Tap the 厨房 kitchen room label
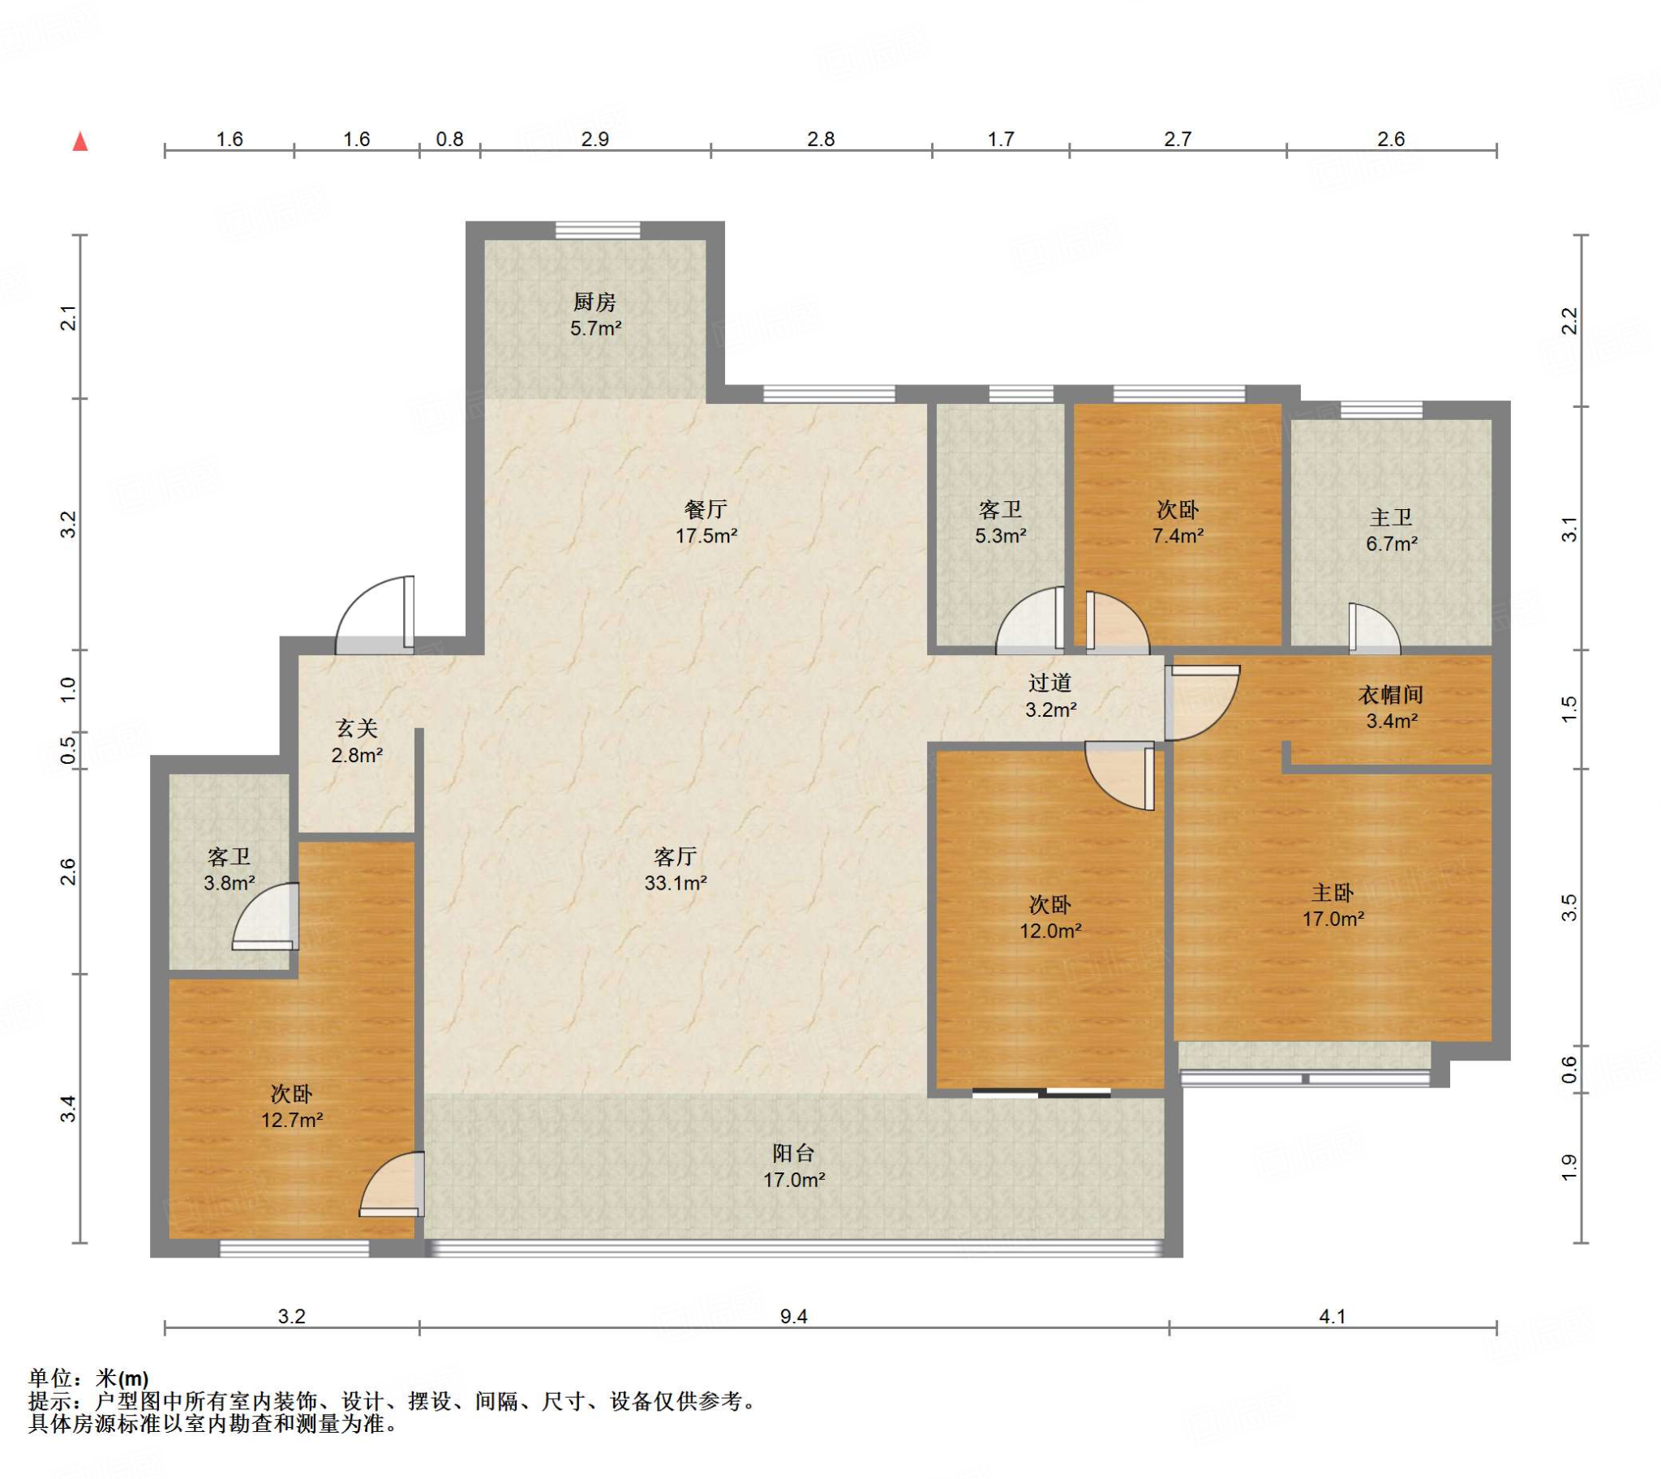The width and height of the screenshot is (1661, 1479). (594, 302)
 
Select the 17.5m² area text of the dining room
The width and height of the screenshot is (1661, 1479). (707, 535)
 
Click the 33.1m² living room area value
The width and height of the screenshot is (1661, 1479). (676, 882)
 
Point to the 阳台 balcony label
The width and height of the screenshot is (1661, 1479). (793, 1153)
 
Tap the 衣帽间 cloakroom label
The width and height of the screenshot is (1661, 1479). (1391, 695)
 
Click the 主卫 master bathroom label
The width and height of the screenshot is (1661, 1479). (1391, 517)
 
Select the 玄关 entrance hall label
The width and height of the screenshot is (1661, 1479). (357, 728)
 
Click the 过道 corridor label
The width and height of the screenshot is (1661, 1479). (1050, 683)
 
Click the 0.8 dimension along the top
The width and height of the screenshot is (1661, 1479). (449, 139)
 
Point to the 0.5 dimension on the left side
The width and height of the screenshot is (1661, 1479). (69, 748)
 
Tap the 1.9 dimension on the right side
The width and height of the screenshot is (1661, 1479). (1569, 1168)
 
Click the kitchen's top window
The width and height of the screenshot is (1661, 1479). (597, 230)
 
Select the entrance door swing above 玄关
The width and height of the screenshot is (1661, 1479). (376, 615)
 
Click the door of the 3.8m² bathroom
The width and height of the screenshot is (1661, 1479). (266, 915)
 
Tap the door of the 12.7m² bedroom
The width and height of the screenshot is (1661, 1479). (392, 1184)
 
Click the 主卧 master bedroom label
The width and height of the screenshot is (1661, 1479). (1333, 893)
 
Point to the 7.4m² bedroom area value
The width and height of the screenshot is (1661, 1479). (1178, 535)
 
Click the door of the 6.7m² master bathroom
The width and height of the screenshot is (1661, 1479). (1374, 628)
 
